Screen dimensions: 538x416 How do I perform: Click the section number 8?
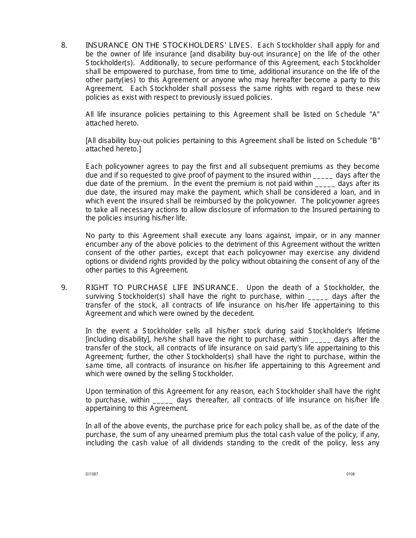point(64,45)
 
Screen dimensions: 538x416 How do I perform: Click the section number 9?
point(64,287)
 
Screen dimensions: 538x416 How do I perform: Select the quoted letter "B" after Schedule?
point(375,140)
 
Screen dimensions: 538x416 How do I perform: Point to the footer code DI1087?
point(92,474)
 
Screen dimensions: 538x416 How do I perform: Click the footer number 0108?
point(350,474)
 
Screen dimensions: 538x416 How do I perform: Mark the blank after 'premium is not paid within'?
point(324,184)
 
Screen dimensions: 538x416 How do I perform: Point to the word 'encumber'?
point(100,244)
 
